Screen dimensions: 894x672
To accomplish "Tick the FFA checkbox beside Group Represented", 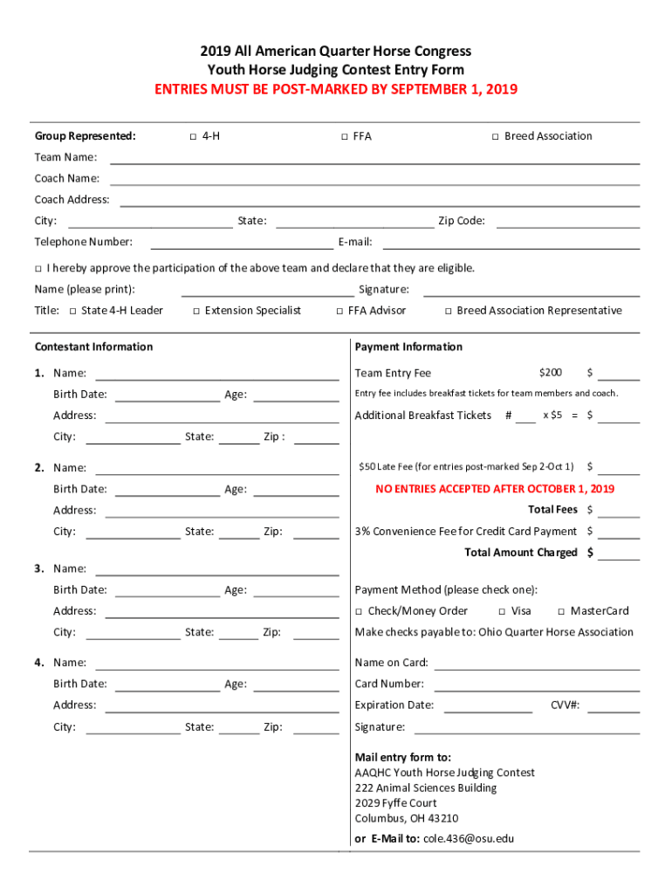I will [344, 137].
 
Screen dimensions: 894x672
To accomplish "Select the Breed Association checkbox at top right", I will [495, 137].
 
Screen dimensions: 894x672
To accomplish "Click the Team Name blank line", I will [374, 159].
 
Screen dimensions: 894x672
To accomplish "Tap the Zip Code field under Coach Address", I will [567, 222].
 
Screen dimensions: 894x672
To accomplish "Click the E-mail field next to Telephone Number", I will [511, 243].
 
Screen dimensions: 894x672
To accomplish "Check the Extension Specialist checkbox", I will [196, 312].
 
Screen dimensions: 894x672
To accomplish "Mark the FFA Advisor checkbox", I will [339, 312].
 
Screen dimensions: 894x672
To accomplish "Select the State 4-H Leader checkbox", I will [72, 312].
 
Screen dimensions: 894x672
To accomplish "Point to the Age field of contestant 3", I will [295, 591].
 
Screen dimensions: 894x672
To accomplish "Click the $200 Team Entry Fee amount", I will [551, 374].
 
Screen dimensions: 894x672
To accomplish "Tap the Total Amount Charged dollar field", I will [619, 554].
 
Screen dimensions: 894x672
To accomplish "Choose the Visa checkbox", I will [502, 612].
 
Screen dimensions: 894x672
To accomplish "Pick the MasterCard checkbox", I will [561, 612].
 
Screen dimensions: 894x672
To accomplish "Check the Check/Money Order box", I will [359, 612].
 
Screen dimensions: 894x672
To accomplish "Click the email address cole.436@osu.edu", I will [469, 839].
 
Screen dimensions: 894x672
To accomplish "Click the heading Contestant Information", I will [93, 347].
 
